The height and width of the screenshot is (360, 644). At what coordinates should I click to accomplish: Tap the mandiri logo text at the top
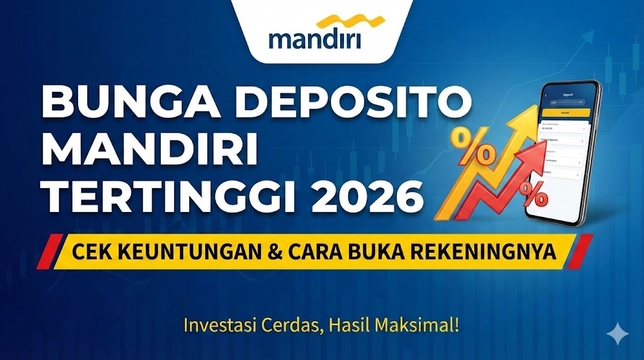[x=314, y=40]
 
